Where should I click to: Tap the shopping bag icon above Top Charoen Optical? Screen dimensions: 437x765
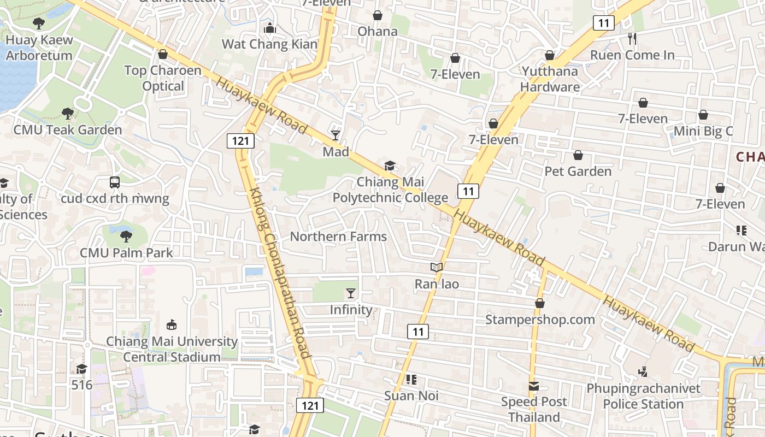[162, 54]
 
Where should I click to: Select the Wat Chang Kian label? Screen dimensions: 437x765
[269, 44]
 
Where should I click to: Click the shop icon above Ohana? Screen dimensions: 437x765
[377, 15]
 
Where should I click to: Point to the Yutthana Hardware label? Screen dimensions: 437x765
[550, 79]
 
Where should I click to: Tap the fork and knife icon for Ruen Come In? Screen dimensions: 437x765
[632, 38]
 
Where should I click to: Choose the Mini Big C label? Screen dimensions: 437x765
[703, 131]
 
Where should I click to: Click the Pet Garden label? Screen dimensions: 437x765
[578, 172]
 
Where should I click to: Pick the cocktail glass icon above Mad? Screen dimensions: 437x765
[336, 135]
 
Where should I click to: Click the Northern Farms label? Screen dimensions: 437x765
[338, 237]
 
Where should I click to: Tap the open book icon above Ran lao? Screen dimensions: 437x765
[436, 267]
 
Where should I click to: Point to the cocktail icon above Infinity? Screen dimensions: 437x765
[351, 293]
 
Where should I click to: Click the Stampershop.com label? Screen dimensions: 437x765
[540, 320]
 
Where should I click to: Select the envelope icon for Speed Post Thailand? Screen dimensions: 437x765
[534, 386]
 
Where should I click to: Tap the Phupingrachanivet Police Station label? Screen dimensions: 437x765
[643, 397]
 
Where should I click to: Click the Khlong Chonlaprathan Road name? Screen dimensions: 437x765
[279, 273]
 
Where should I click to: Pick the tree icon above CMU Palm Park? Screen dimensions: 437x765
[126, 236]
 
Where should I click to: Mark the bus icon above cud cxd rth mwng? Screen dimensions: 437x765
[115, 182]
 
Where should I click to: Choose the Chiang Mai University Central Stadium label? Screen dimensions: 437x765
[172, 350]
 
